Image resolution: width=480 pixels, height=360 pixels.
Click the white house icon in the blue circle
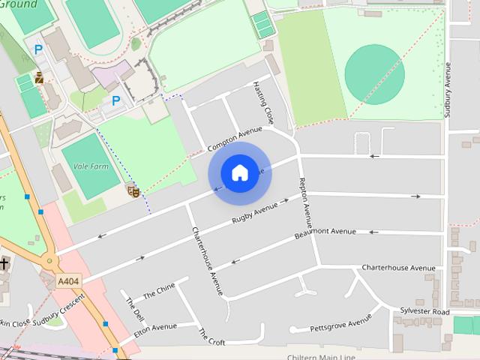point(239,173)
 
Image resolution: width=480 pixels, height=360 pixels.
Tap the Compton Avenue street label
point(235,138)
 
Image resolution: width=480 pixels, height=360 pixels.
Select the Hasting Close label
point(264,102)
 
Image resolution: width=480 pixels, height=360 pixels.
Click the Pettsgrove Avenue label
point(341,323)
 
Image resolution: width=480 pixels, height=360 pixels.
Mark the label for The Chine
point(157,292)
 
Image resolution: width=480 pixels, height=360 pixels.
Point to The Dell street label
point(135,310)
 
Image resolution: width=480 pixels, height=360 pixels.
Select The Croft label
point(211,337)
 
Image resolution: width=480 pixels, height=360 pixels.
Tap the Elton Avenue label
point(155,328)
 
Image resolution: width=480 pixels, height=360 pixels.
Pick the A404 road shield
point(68,281)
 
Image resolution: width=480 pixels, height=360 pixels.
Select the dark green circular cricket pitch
point(374,74)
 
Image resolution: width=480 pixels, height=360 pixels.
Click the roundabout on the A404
point(51,262)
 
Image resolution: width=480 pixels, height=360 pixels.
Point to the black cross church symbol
point(4,264)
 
